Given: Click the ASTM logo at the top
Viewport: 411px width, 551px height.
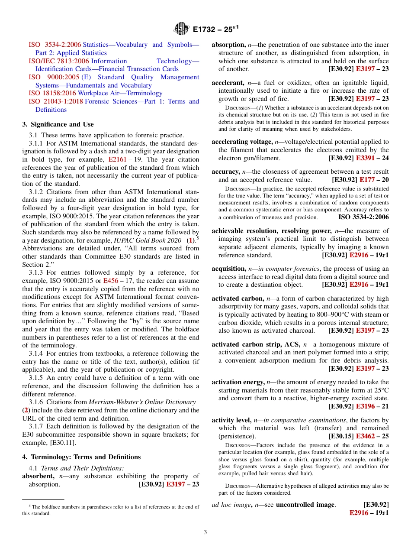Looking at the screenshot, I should point(181,29).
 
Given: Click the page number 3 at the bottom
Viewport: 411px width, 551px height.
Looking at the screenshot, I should point(205,532).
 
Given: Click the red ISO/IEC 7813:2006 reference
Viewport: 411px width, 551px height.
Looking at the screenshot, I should point(59,61).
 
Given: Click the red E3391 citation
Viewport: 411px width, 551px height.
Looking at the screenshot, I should point(365,158).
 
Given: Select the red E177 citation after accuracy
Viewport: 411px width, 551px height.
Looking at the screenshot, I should point(368,180).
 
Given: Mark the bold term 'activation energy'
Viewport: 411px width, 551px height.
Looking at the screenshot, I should point(238,382).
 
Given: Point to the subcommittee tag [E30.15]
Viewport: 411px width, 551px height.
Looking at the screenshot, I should point(341,436).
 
